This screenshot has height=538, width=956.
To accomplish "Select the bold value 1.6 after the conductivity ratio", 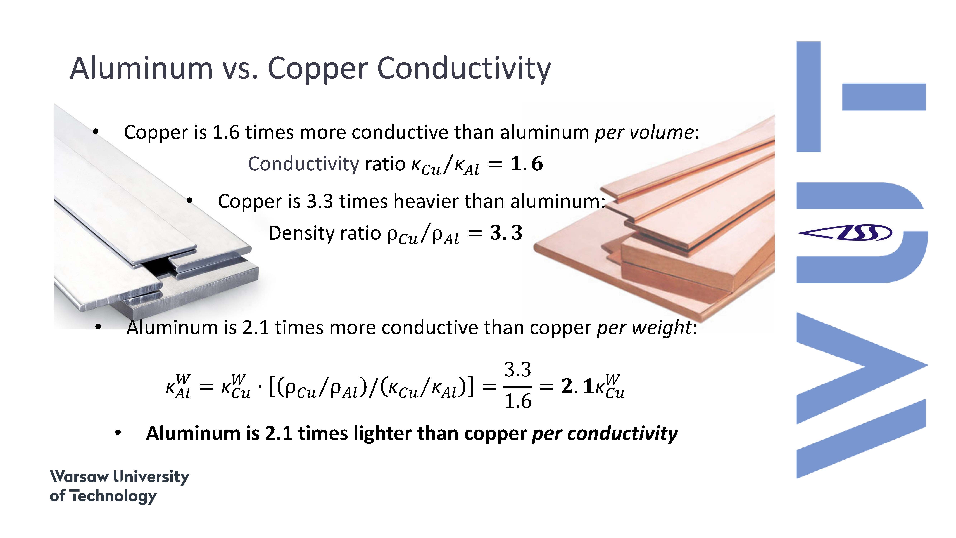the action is [x=527, y=164].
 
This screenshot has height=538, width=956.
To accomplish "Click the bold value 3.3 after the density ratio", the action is [x=506, y=233].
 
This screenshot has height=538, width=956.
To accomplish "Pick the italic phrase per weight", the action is [x=644, y=327].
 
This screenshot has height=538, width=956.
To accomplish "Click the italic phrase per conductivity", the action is [x=605, y=433].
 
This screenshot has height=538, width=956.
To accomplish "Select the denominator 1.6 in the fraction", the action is [x=518, y=401].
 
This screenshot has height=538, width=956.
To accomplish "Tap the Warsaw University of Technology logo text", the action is [x=120, y=486].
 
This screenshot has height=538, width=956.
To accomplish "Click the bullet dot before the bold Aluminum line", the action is [x=118, y=433].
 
